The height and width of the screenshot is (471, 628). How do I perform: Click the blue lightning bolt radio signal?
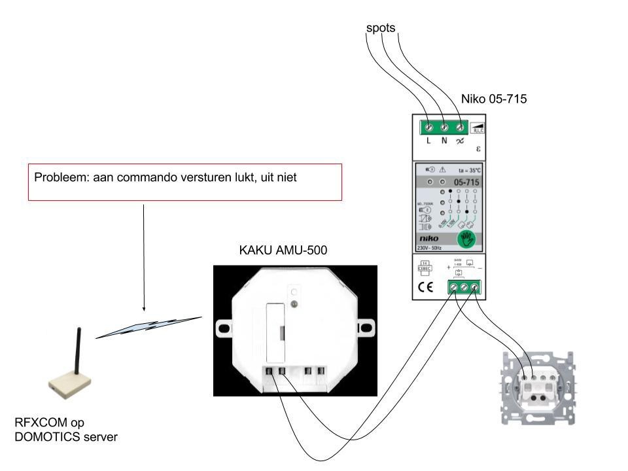click(x=149, y=327)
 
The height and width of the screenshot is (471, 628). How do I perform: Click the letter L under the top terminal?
click(x=428, y=141)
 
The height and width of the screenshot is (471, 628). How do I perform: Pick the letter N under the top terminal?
click(x=444, y=141)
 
